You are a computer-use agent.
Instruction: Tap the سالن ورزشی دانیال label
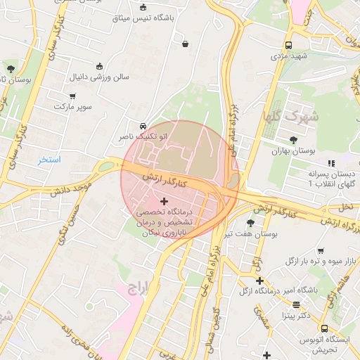point(99,77)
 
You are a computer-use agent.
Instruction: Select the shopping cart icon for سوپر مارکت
point(72,96)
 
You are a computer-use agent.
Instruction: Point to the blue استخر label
point(50,160)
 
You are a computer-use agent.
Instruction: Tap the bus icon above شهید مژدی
point(289,44)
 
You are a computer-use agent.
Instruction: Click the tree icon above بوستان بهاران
point(293,139)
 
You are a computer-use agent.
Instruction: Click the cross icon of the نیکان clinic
point(165,202)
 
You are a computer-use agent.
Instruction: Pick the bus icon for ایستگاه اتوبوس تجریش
point(324,328)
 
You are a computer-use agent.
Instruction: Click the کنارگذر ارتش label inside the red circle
point(166,180)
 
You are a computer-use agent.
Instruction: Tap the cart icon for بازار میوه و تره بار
point(320,251)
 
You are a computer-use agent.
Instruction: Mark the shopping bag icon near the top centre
point(185,44)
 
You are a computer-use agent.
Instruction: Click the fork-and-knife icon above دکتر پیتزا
point(295,304)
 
